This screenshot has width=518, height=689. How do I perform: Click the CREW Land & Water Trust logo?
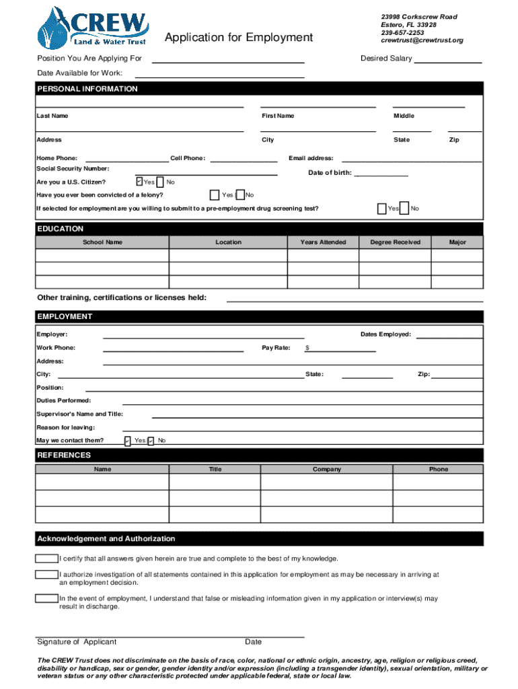(x=94, y=27)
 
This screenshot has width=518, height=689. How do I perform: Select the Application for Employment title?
(x=239, y=38)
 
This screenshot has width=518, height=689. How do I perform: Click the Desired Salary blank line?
(x=448, y=61)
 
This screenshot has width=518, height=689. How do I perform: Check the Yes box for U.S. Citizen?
(x=139, y=182)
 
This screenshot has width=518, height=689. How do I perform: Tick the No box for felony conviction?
(x=242, y=195)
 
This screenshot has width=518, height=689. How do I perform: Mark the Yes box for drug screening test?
(x=381, y=209)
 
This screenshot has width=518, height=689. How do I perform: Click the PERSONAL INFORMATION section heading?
(x=87, y=89)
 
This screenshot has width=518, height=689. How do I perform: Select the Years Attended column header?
(x=323, y=242)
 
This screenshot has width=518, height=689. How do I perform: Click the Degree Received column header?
(x=396, y=242)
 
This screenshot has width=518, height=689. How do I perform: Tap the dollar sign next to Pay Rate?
(x=307, y=348)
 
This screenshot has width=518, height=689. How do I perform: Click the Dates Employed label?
(x=385, y=334)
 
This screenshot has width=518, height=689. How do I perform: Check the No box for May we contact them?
(x=151, y=441)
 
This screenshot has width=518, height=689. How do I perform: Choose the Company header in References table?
(x=327, y=469)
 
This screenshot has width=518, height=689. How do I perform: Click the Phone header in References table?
(x=439, y=469)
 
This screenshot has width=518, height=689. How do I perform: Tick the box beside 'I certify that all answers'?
(x=46, y=558)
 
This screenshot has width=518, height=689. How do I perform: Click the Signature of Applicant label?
(x=77, y=642)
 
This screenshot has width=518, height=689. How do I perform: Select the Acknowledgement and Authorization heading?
(x=106, y=539)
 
